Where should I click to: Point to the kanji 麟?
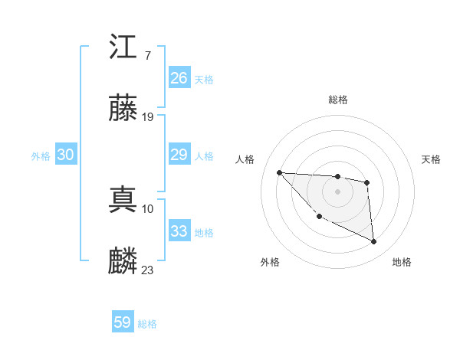(x=123, y=261)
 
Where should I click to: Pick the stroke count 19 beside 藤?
(x=148, y=117)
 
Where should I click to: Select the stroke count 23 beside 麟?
(x=148, y=270)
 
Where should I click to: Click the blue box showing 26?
(x=179, y=77)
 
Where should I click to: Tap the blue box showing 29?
(x=179, y=155)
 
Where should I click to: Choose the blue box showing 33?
(x=179, y=231)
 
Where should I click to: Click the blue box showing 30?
(x=65, y=155)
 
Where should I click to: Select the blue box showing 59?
(x=122, y=322)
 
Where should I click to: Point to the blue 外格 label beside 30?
(x=41, y=156)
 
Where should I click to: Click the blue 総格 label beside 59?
(x=147, y=324)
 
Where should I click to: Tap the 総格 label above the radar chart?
(x=337, y=100)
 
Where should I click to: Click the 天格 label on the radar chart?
(x=432, y=159)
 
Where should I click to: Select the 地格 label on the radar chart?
(x=402, y=262)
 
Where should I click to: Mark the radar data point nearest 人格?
(x=279, y=172)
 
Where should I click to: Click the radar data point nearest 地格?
(x=374, y=242)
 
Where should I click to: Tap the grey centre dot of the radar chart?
(x=337, y=191)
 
